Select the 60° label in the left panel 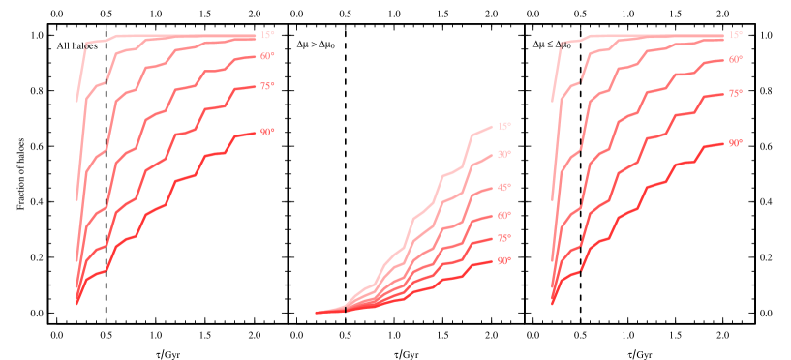(267, 56)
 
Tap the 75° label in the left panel (267, 86)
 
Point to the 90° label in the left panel (267, 132)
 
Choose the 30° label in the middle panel (503, 154)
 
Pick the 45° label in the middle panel (503, 187)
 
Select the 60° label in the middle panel (503, 215)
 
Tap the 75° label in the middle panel (503, 238)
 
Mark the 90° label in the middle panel (503, 260)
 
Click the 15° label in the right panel (736, 35)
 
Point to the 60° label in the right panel (736, 59)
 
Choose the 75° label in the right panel (736, 93)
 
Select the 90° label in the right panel (736, 142)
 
